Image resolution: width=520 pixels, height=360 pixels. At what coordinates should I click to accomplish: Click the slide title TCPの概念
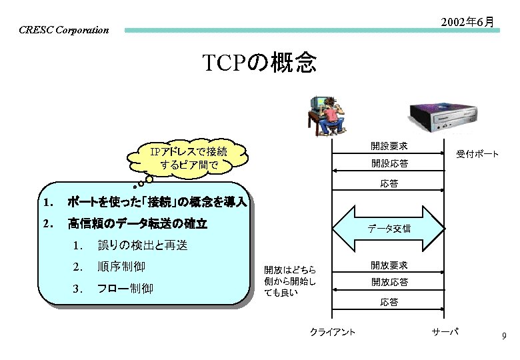click(259, 63)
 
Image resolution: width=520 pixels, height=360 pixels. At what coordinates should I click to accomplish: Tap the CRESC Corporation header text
click(63, 30)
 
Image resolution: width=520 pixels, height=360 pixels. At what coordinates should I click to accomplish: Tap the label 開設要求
click(389, 146)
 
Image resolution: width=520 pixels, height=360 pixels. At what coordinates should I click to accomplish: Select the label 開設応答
click(389, 163)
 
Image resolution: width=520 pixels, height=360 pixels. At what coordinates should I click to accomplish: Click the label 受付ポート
click(477, 154)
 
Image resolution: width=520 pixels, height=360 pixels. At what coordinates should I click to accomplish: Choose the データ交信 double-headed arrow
click(389, 227)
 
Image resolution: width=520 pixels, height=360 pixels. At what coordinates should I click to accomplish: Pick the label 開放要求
click(389, 265)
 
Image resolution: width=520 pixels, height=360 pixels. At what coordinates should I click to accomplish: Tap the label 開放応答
click(389, 282)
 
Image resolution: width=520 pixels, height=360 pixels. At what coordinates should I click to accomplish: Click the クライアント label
click(332, 332)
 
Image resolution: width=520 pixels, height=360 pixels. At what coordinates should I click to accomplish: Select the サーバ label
click(445, 331)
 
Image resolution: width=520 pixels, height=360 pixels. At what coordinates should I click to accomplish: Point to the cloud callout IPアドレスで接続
click(189, 158)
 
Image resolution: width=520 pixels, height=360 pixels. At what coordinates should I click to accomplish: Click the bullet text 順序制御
click(121, 267)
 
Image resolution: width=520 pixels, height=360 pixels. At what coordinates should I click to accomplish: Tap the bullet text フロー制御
click(125, 289)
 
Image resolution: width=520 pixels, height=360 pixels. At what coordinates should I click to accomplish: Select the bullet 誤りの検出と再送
click(143, 246)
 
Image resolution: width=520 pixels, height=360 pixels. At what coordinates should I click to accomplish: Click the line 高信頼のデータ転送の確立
click(137, 224)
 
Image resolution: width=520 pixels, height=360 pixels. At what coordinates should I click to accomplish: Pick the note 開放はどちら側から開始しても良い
click(289, 281)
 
